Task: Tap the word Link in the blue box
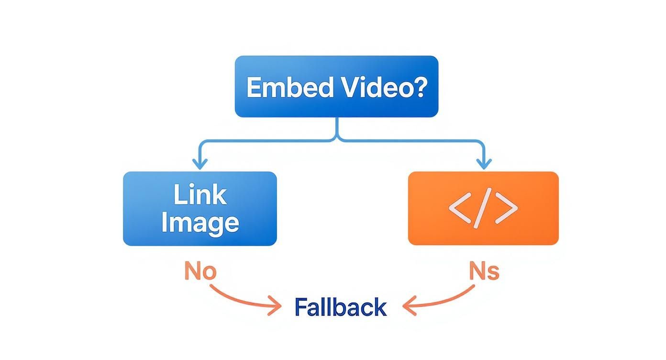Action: [200, 195]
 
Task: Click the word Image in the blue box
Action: [200, 223]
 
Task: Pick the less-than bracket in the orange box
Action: [460, 209]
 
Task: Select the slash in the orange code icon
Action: [483, 209]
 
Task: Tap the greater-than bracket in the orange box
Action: [507, 209]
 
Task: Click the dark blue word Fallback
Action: [340, 307]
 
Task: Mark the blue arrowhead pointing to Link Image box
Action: [200, 164]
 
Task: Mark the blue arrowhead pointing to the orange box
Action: [484, 164]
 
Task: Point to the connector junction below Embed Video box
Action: [337, 139]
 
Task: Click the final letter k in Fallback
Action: [380, 307]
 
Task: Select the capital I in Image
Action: [165, 223]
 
